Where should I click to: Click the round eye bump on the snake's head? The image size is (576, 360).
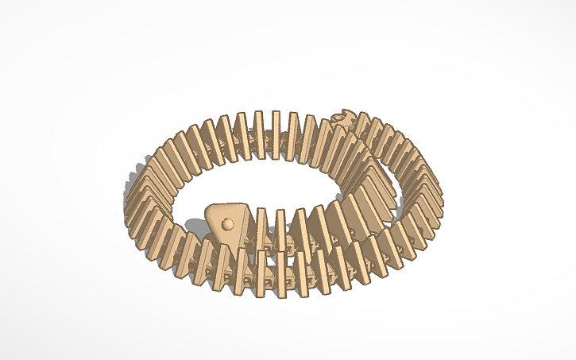[x=228, y=224]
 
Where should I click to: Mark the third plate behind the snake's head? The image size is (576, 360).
[x=299, y=226]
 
